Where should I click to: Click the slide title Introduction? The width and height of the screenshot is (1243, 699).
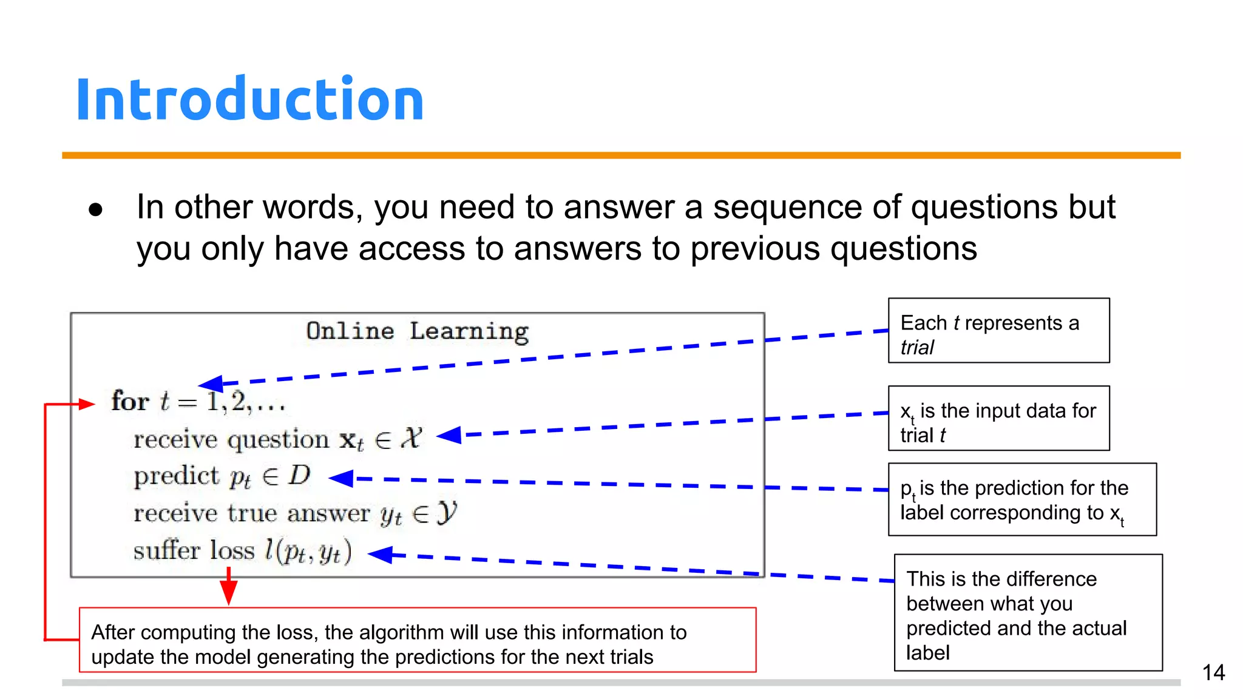coord(249,100)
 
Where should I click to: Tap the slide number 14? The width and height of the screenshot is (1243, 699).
coord(1213,672)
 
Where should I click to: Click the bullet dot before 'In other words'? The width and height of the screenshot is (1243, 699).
coord(96,210)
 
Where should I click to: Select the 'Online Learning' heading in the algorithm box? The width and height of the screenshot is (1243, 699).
coord(417,331)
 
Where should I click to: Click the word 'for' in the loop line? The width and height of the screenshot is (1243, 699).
coord(130,402)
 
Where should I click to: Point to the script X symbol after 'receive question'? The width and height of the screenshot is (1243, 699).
coord(411,438)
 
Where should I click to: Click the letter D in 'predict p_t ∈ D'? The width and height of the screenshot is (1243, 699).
coord(299,475)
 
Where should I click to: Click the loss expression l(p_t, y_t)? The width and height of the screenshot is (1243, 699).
coord(308,551)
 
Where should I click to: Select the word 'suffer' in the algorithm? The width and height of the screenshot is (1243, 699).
coord(166,551)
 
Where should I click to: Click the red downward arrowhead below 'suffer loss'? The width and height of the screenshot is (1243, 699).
coord(229,592)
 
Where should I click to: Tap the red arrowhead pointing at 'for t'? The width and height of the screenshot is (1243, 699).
coord(86,404)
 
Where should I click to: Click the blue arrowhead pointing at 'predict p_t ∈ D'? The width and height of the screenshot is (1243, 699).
coord(341,478)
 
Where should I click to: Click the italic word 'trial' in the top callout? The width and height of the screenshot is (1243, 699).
coord(917,348)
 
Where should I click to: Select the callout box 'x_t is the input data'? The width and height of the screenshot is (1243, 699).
coord(998,418)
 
